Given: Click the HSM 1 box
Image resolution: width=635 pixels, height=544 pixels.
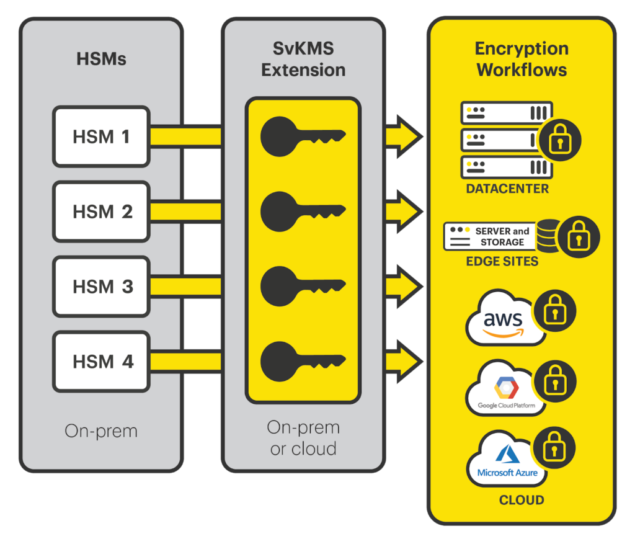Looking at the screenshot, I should tap(101, 136).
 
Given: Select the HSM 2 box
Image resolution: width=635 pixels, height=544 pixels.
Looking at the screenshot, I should tap(101, 212).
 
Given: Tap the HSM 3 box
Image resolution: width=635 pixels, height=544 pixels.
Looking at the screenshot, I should tap(101, 287).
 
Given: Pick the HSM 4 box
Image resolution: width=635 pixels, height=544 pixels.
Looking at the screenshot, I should tap(101, 362).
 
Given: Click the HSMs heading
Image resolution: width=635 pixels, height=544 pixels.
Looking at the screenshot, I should tap(101, 60).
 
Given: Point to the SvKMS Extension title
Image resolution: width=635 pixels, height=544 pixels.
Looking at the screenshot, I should tap(303, 60).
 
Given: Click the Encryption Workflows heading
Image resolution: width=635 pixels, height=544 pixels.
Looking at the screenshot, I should tap(522, 59).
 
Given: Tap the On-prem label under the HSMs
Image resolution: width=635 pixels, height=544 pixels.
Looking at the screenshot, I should tap(101, 431).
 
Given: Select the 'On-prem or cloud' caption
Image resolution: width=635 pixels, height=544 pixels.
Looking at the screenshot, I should tap(303, 438).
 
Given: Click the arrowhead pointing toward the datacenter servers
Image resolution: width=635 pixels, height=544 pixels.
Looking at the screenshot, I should tap(406, 136).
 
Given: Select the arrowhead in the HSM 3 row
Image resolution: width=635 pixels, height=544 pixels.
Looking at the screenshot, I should tap(406, 287).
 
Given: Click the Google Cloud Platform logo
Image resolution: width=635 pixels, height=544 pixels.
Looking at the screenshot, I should tap(506, 391).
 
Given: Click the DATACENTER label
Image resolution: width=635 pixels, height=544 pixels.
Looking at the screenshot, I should tap(507, 189).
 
